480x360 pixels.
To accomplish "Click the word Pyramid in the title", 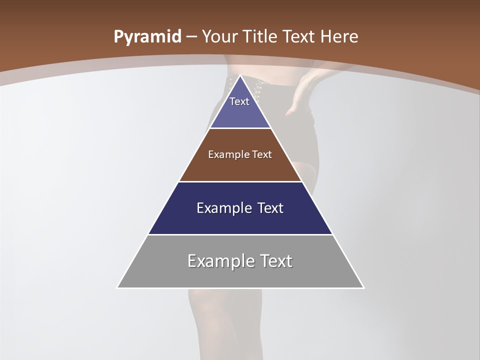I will coord(147,37).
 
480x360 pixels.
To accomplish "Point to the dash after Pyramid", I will coord(191,37).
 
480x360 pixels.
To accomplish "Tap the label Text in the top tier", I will coord(239,101).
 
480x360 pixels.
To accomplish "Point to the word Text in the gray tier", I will coord(275,261).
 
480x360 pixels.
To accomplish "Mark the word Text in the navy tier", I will coord(270,208).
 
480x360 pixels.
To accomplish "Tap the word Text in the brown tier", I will coord(262,154).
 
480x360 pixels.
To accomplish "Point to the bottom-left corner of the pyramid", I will coord(117,287).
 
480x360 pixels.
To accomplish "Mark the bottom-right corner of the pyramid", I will coord(363,287).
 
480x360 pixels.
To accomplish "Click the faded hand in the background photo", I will coord(300,97).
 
